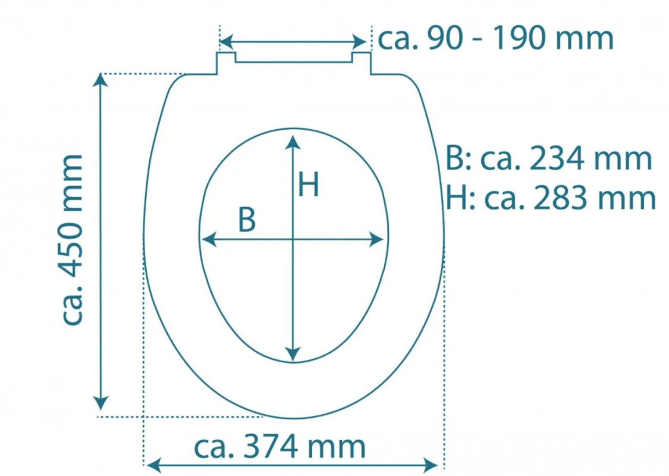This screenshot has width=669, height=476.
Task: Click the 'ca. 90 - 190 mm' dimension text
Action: pyautogui.click(x=496, y=39)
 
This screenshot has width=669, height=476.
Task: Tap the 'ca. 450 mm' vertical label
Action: pyautogui.click(x=72, y=240)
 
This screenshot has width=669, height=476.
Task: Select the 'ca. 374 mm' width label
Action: pyautogui.click(x=280, y=446)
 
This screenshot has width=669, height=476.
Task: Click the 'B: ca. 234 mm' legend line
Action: pyautogui.click(x=549, y=158)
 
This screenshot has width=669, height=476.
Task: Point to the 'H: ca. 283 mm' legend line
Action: pyautogui.click(x=551, y=198)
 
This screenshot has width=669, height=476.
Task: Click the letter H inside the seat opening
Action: pyautogui.click(x=308, y=184)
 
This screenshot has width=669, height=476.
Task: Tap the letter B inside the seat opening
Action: pyautogui.click(x=247, y=220)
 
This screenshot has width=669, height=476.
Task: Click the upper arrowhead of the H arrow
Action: pyautogui.click(x=293, y=142)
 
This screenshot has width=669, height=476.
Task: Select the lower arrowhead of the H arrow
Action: pyautogui.click(x=293, y=354)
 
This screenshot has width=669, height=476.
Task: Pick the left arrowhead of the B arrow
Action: pyautogui.click(x=209, y=240)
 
